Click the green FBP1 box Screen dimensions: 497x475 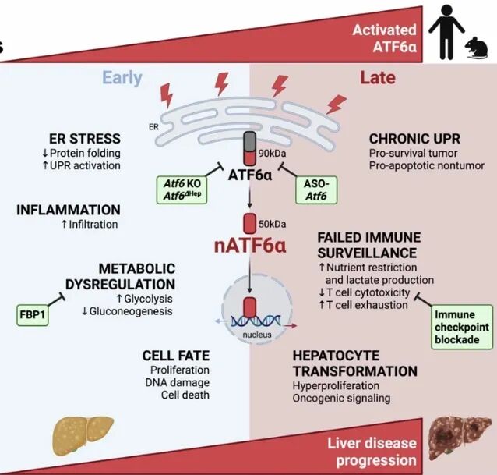click(x=33, y=314)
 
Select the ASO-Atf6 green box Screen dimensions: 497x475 click(x=316, y=190)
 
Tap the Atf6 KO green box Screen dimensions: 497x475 click(x=182, y=190)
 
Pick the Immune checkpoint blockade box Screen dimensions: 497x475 click(x=462, y=327)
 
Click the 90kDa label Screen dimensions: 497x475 click(x=272, y=154)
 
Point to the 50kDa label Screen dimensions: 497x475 click(x=272, y=224)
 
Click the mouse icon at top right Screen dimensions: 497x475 click(x=477, y=48)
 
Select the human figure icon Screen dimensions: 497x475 click(x=446, y=32)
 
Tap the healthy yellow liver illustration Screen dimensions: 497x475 click(x=83, y=435)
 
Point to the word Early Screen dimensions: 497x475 click(x=122, y=78)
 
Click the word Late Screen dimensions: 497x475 click(x=378, y=78)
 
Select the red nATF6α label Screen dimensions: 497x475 click(x=250, y=246)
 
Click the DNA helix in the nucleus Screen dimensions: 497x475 click(x=256, y=321)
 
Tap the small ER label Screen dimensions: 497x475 click(x=153, y=127)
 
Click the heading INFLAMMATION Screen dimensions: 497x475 click(x=69, y=210)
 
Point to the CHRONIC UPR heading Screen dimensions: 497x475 click(x=414, y=139)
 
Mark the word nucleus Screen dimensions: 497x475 click(x=257, y=335)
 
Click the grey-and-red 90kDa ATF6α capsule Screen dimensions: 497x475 click(x=250, y=148)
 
